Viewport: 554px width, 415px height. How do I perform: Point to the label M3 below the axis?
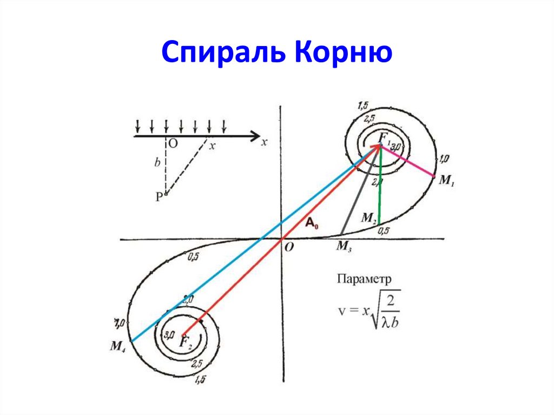coord(345,247)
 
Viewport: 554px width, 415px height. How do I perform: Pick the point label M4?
coord(118,346)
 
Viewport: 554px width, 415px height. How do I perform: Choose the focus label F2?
coord(186,341)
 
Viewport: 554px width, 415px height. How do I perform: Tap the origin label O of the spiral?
coord(289,247)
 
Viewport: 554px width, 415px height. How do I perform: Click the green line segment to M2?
coord(380,187)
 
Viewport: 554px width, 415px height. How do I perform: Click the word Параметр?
coord(365,279)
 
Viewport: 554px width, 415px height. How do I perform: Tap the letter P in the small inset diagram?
coord(159,197)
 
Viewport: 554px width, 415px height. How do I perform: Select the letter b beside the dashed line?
coord(157,162)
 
